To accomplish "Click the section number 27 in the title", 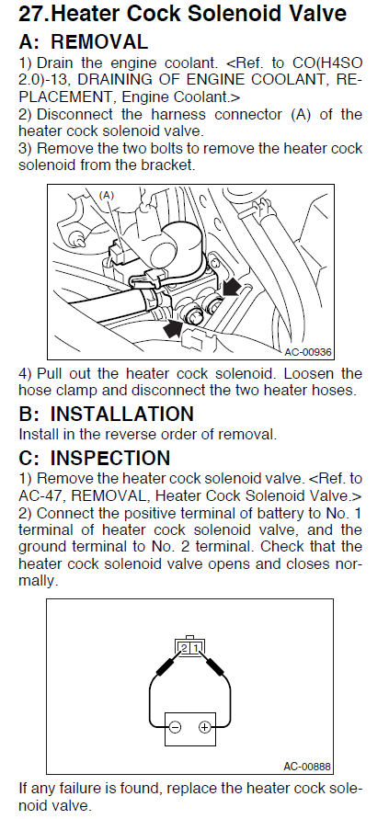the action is [32, 13].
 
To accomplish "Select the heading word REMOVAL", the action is [98, 41].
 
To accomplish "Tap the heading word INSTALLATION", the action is [121, 414].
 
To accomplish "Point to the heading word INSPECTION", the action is [109, 458].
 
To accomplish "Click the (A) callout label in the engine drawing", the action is [106, 195].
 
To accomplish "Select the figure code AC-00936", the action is [308, 352].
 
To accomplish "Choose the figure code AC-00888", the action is [307, 767].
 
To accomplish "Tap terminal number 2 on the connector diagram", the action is [184, 648].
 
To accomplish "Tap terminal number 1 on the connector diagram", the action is [196, 648].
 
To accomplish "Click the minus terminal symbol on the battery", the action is [176, 727].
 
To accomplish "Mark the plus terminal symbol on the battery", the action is [205, 727].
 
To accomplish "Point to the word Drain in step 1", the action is [55, 63].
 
